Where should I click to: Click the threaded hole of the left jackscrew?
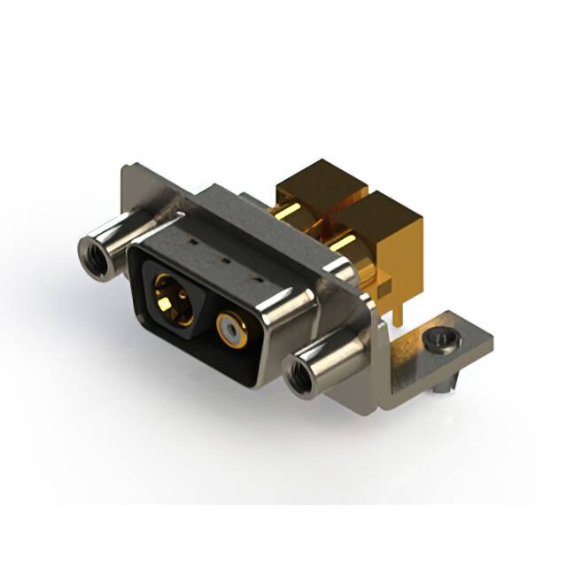point(93,253)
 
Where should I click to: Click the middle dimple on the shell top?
point(224,262)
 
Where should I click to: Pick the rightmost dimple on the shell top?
point(259,279)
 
